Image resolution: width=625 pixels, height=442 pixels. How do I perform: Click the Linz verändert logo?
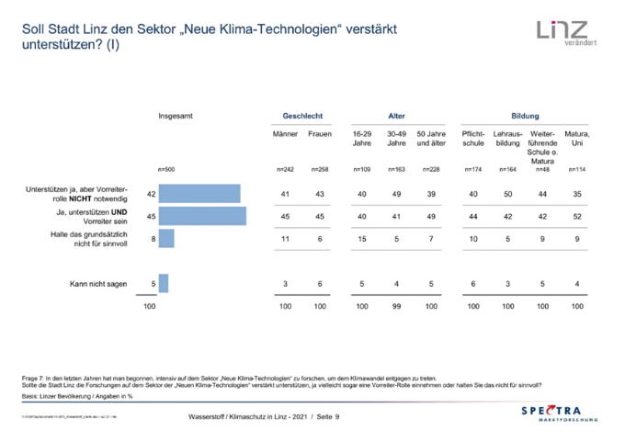[561, 32]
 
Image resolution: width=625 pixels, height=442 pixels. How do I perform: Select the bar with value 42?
[199, 194]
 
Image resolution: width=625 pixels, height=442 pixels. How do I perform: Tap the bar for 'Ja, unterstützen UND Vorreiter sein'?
[202, 217]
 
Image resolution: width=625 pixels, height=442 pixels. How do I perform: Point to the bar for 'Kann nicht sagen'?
[164, 283]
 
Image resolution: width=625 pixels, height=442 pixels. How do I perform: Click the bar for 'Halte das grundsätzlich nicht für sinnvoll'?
[166, 239]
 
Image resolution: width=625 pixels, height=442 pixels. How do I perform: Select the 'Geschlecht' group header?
[301, 117]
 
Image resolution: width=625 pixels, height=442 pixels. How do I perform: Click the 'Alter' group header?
[396, 117]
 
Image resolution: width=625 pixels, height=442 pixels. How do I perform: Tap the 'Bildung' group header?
[525, 117]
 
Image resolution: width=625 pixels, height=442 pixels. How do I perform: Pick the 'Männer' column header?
[285, 134]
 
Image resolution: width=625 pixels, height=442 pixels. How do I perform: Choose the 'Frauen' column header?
[319, 134]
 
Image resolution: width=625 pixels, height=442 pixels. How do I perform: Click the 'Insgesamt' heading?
[176, 117]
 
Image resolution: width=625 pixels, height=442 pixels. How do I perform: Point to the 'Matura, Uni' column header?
[576, 139]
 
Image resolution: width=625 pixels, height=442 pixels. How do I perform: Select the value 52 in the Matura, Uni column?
[576, 217]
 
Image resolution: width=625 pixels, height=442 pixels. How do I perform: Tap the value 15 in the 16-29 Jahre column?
[362, 239]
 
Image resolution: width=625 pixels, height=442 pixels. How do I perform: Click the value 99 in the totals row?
[396, 305]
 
